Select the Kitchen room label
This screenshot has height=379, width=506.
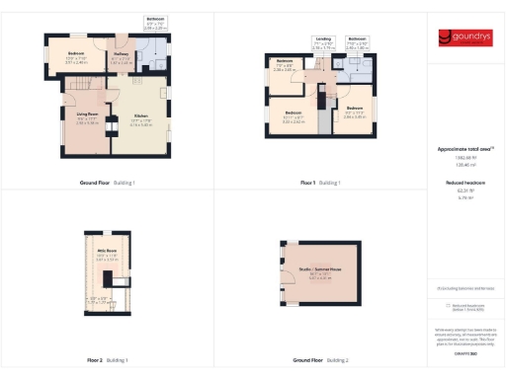point(140,121)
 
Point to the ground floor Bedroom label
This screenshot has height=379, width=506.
point(76,56)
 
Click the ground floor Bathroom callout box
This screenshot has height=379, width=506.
point(155,24)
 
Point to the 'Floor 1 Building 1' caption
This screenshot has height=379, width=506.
point(320,183)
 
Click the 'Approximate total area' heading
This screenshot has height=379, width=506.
point(464,149)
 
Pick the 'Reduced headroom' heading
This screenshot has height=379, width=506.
point(464,184)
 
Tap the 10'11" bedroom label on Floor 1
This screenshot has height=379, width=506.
point(293,114)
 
